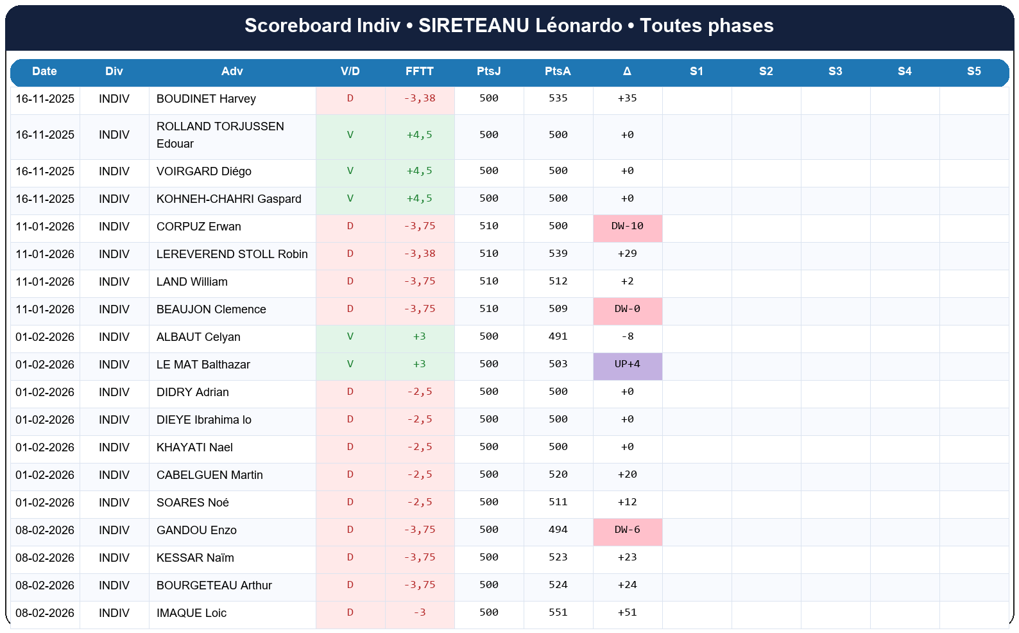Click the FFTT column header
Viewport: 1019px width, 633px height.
419,71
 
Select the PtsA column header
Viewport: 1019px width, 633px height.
558,71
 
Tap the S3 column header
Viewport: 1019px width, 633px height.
835,71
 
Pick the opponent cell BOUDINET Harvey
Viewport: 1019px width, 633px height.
206,99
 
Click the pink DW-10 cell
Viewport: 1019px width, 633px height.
627,227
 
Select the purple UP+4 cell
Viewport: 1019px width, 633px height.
627,365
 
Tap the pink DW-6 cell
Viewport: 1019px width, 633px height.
627,530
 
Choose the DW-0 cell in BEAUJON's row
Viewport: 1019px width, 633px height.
627,309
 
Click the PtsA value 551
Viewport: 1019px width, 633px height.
558,613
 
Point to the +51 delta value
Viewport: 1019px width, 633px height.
627,613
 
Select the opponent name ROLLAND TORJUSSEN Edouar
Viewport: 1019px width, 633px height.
220,135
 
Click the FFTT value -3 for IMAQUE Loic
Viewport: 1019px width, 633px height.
419,613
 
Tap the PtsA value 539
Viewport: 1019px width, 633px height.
558,254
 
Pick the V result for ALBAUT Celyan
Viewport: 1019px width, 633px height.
350,337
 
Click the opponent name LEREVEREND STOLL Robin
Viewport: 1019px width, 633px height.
232,254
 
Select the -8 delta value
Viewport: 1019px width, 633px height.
627,337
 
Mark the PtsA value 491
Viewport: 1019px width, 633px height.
558,337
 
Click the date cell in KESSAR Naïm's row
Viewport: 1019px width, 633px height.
45,558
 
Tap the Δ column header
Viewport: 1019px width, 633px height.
627,71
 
